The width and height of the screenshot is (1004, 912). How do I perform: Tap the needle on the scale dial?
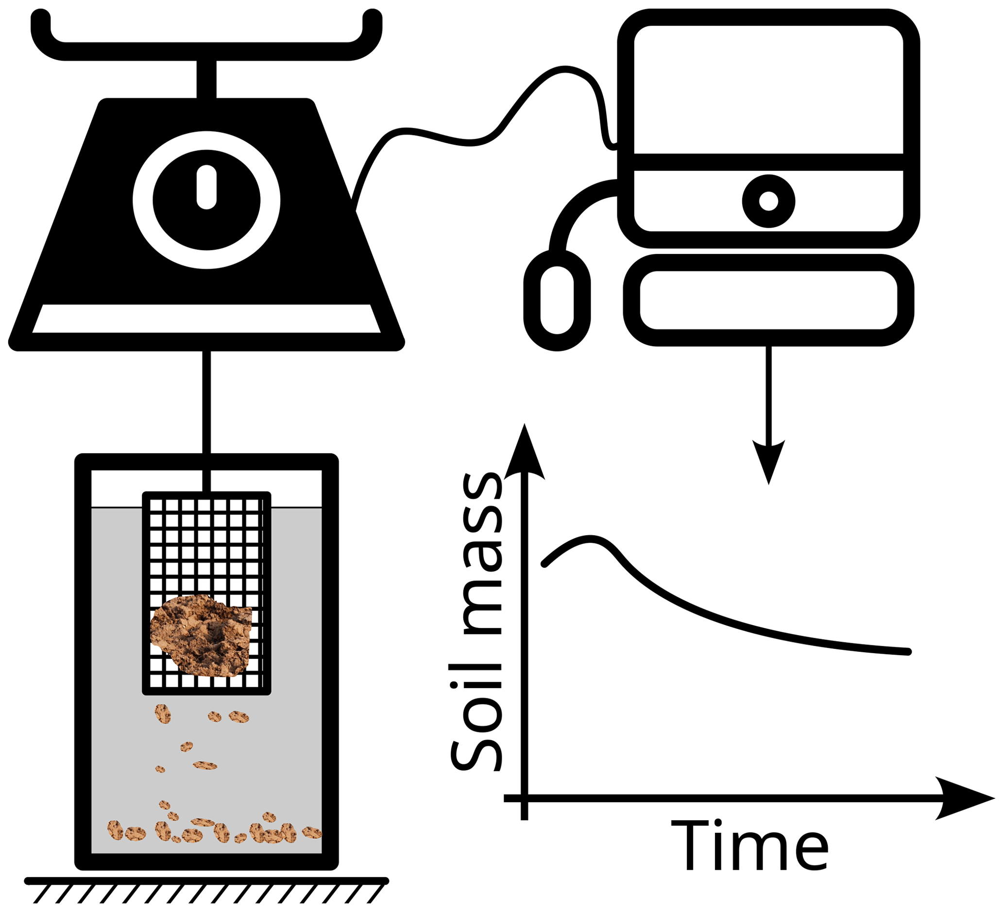[x=206, y=186]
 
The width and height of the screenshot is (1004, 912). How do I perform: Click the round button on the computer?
[x=768, y=201]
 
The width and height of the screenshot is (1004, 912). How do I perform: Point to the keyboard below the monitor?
[x=768, y=300]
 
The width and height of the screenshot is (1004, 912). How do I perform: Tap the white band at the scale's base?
[x=206, y=319]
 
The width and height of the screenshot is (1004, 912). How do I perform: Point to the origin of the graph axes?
[x=524, y=798]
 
